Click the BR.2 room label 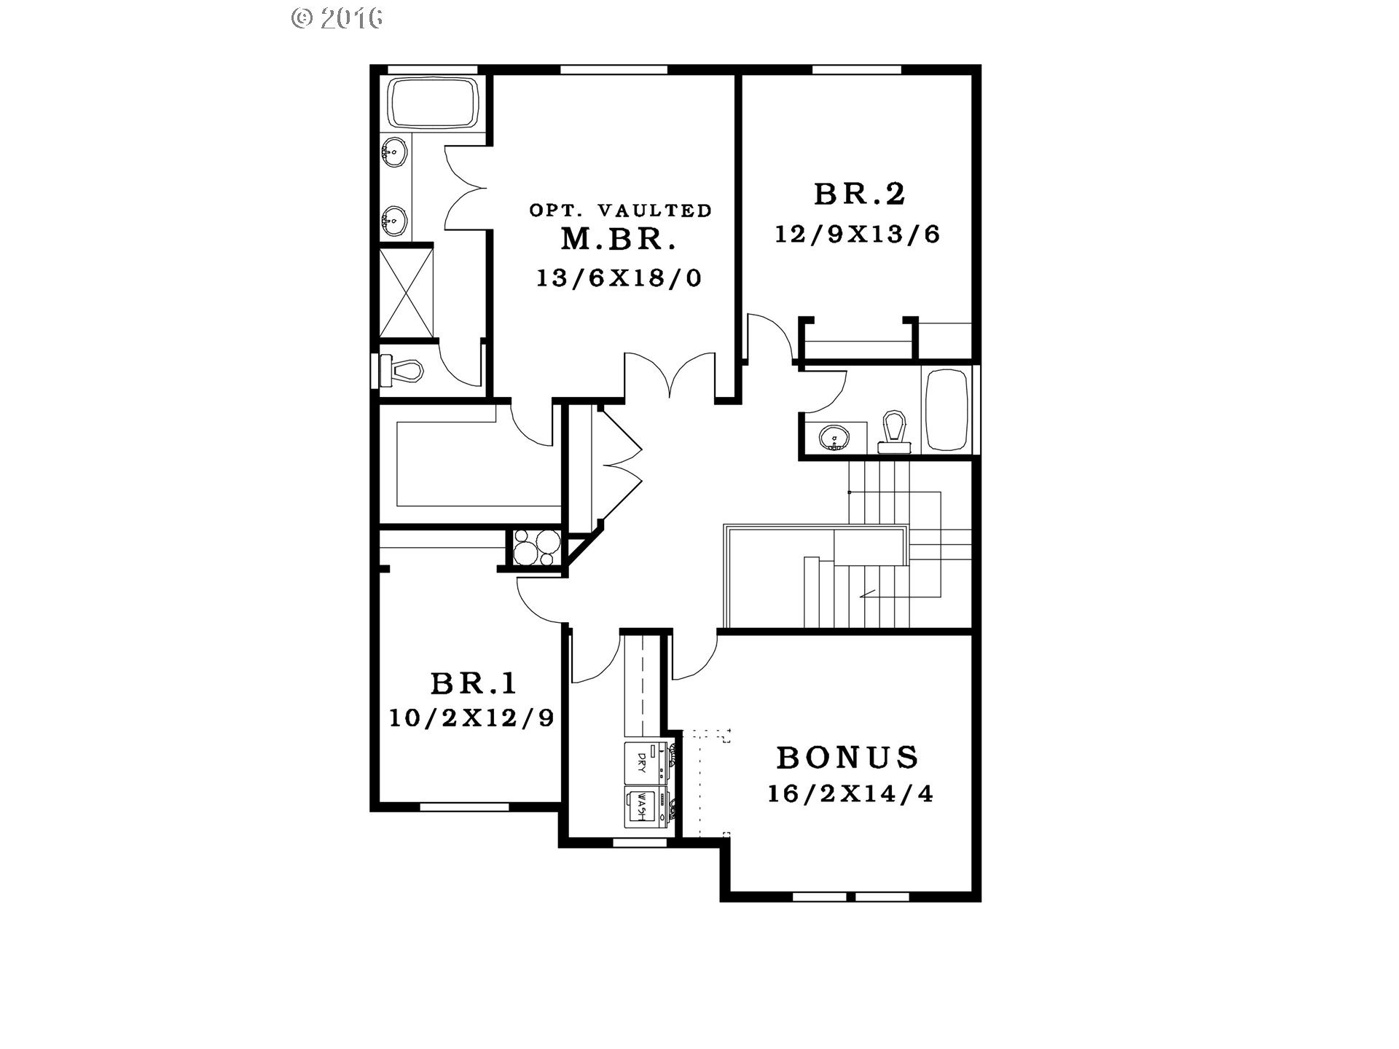(859, 195)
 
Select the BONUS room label (847, 758)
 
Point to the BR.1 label (474, 684)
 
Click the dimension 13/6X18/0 (619, 278)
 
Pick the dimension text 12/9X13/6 (857, 235)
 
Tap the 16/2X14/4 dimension (850, 793)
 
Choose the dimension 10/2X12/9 (471, 719)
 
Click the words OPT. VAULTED (620, 211)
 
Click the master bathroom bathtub (433, 103)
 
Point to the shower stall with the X (407, 292)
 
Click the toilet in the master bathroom (400, 371)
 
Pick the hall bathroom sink (834, 439)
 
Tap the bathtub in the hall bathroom (947, 410)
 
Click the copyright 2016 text (337, 18)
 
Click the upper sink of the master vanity (393, 153)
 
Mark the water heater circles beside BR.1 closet (536, 547)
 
